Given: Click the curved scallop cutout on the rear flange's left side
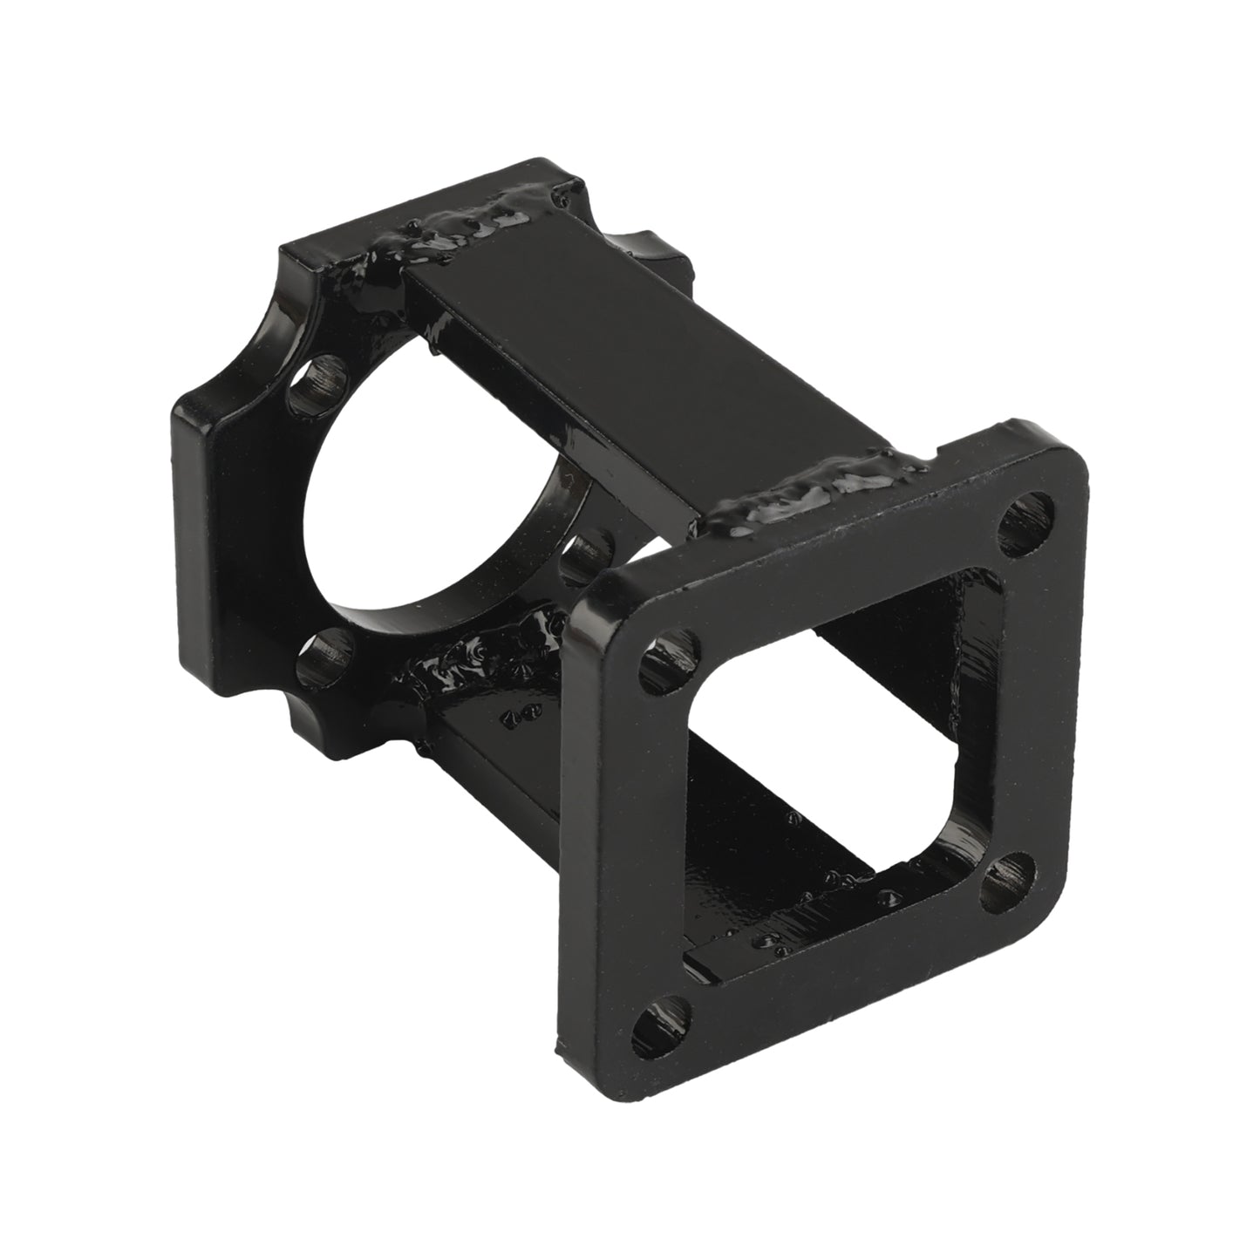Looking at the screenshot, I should [x=235, y=375].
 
